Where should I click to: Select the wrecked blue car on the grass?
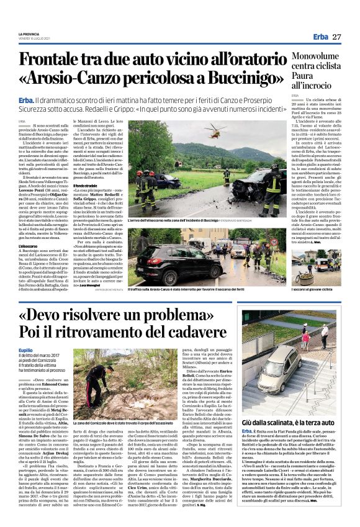pos(166,181)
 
